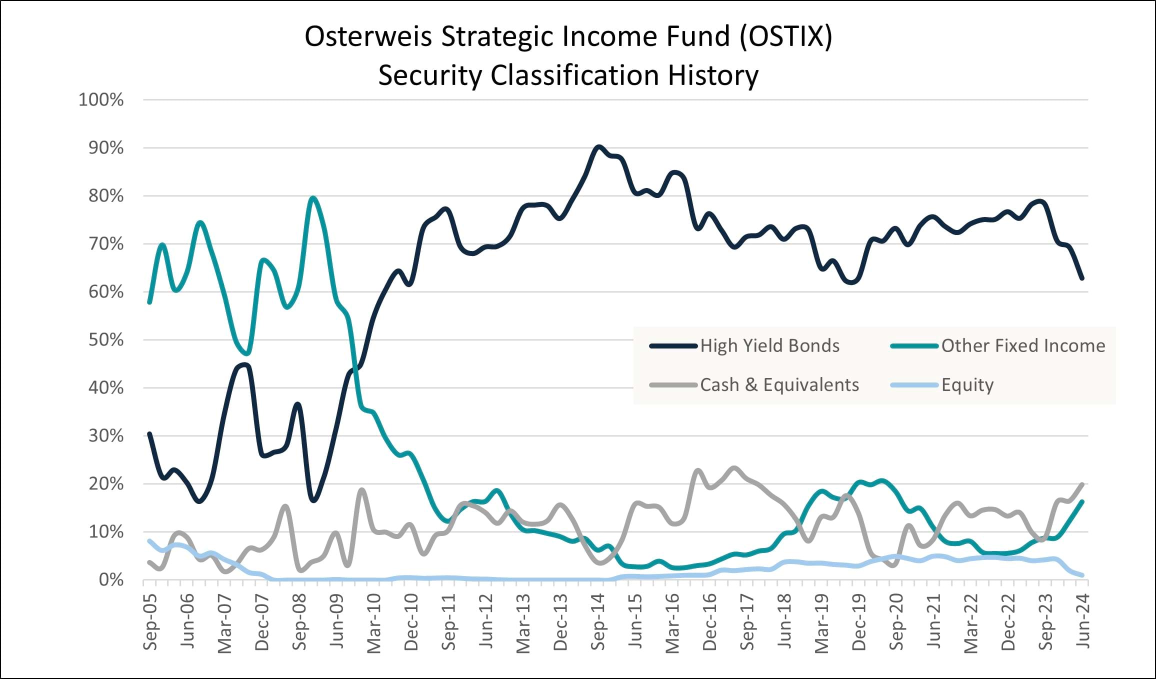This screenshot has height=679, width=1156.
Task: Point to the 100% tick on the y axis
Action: [x=101, y=100]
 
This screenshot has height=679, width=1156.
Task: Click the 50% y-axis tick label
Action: [x=106, y=340]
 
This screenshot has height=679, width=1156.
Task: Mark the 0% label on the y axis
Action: [x=111, y=580]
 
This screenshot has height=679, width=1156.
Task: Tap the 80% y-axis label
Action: [x=106, y=196]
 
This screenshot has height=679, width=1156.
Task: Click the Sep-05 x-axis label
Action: [x=150, y=622]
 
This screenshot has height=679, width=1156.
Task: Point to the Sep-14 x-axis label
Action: [x=598, y=622]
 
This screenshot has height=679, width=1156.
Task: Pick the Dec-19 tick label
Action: [x=859, y=622]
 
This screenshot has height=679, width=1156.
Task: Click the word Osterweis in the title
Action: [x=368, y=37]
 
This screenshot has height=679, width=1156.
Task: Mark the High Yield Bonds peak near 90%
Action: [x=598, y=146]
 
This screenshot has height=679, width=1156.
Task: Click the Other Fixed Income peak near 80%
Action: [x=313, y=197]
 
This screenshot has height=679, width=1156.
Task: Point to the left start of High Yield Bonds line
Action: [x=149, y=433]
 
